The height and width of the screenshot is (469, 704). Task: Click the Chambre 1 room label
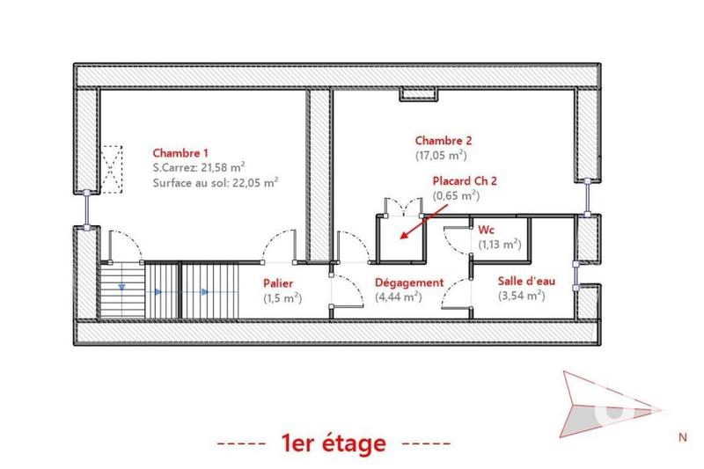[180, 150]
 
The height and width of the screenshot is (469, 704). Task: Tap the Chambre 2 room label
[444, 140]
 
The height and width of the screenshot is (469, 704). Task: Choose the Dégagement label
[407, 282]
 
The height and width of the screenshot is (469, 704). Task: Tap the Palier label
[278, 283]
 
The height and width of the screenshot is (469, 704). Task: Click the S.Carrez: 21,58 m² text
[199, 166]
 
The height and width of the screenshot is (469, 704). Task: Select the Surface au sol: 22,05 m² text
[216, 183]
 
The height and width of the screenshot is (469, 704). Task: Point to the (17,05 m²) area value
[441, 156]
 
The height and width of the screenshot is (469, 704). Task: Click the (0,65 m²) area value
[456, 195]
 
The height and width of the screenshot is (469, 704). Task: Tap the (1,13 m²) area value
[500, 245]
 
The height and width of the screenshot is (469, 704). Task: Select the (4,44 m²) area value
[399, 297]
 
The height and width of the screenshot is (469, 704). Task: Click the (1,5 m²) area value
[282, 298]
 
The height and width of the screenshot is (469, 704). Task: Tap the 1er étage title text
[334, 443]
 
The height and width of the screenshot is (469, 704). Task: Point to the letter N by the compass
[681, 436]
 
